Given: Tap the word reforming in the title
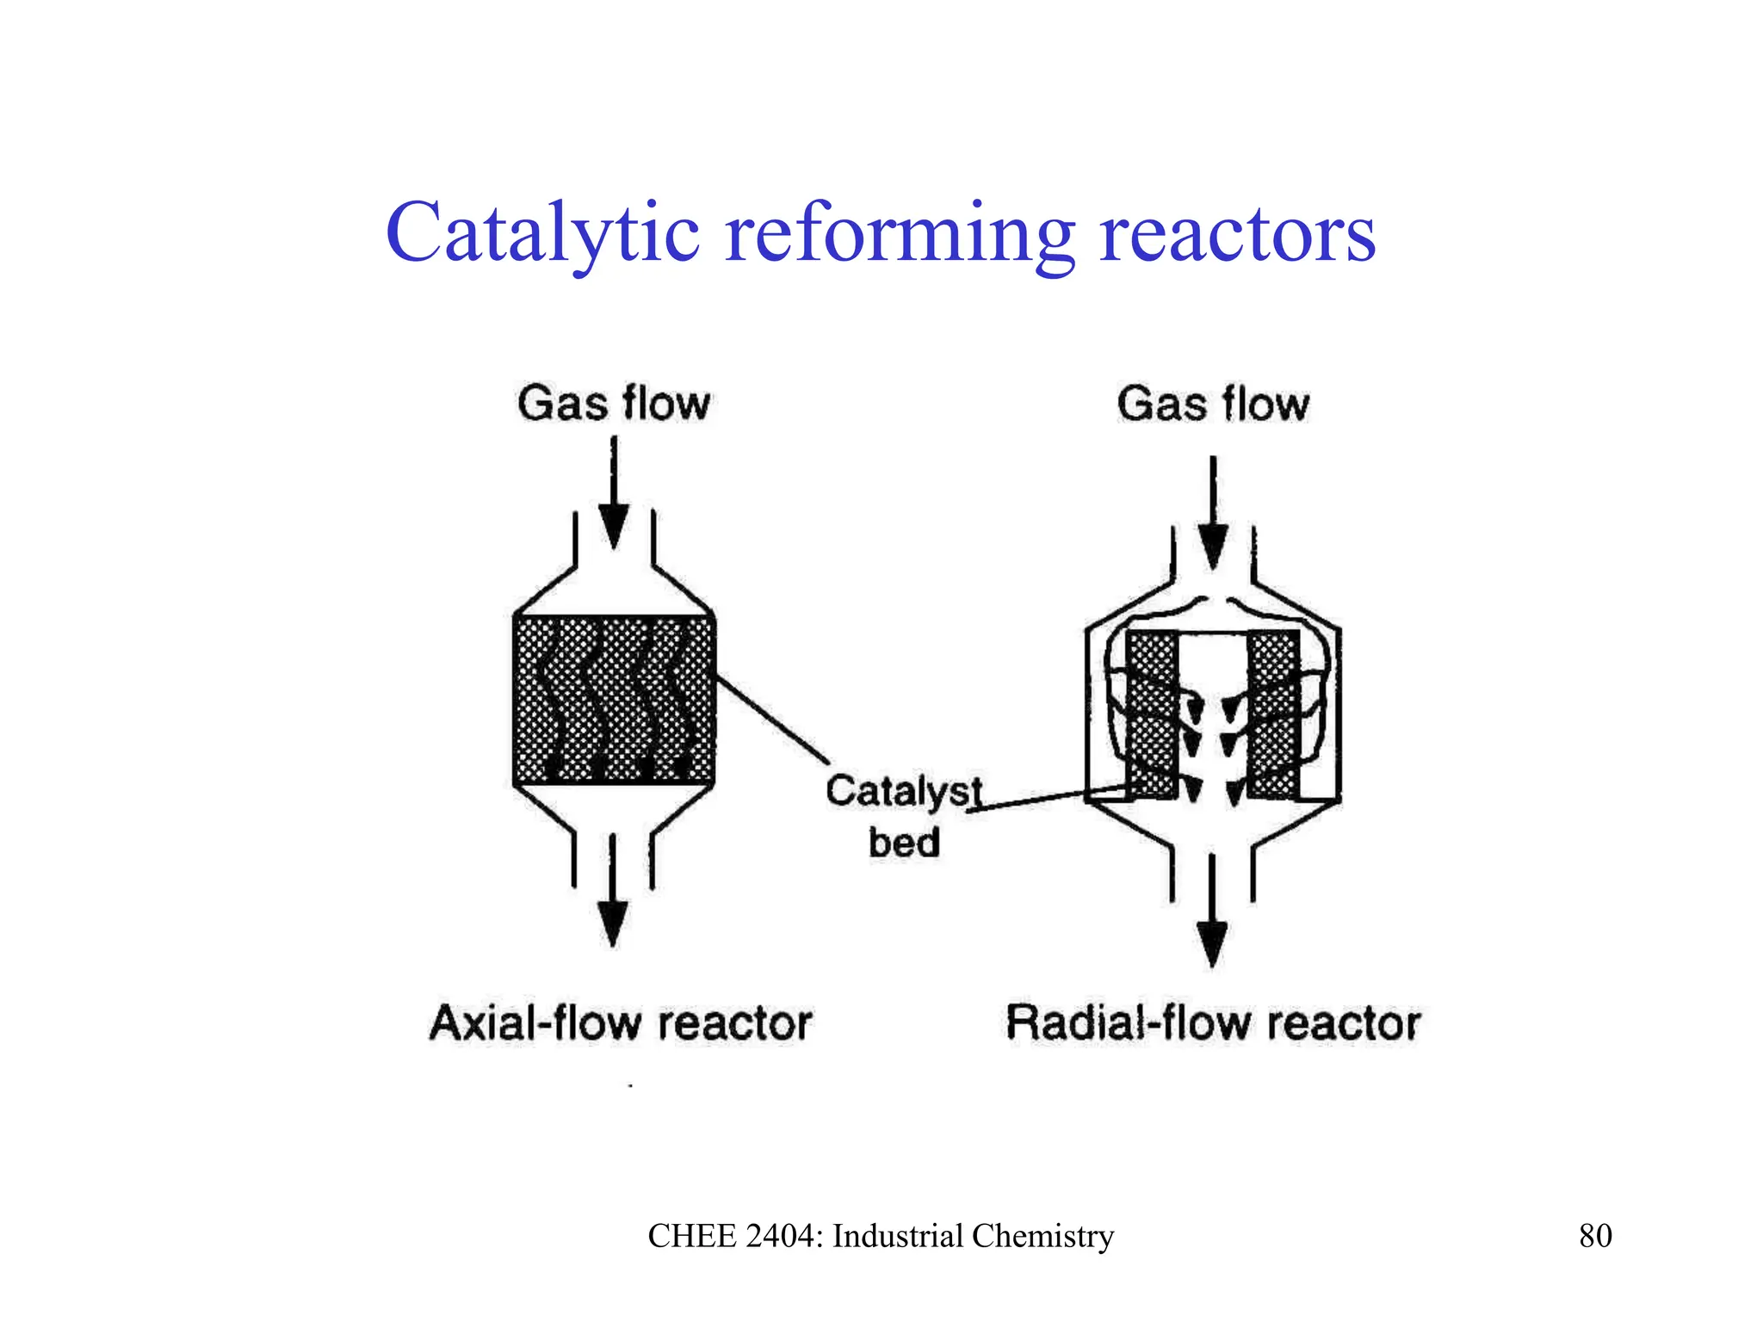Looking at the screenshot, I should point(900,234).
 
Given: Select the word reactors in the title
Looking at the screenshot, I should point(1238,234).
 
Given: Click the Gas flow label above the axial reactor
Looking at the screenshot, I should point(614,404).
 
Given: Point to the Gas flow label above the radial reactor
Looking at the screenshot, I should point(1213,404).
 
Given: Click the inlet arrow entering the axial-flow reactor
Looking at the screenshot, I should point(614,499).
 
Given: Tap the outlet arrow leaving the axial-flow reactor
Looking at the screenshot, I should point(612,895).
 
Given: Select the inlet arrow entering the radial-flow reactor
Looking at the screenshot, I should point(1213,516).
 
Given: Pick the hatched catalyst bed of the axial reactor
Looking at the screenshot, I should point(614,699).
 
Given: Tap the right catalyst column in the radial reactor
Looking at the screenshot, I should point(1273,714).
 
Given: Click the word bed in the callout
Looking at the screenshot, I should point(903,843).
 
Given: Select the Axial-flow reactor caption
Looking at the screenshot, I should point(620,1023).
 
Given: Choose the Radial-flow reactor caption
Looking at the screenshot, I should point(1212,1023).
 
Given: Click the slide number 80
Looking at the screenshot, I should point(1595,1236).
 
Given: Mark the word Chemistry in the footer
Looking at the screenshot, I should point(1042,1236).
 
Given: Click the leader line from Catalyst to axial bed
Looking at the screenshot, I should point(773,720).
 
